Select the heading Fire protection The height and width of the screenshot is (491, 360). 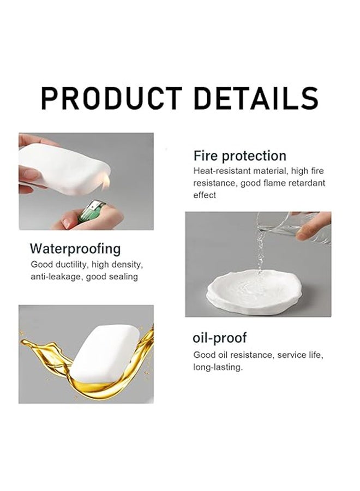(x=239, y=155)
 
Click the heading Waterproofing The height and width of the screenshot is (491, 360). (x=75, y=249)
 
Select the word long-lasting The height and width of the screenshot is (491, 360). (x=217, y=367)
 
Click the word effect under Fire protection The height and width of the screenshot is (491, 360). (x=205, y=195)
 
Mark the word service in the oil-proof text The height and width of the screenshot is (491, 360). (x=290, y=355)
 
